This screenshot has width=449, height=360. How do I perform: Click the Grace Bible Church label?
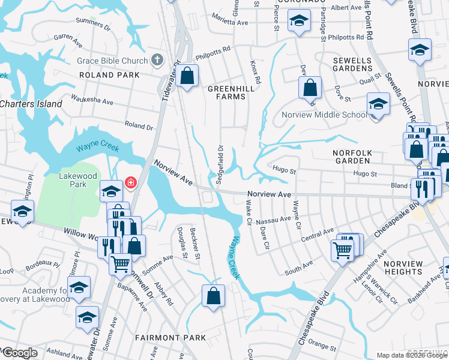[x=112, y=61]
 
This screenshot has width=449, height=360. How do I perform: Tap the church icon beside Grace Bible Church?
[x=157, y=60]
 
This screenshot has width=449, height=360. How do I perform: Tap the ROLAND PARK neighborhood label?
[x=109, y=75]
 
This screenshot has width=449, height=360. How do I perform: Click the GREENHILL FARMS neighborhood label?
[x=227, y=92]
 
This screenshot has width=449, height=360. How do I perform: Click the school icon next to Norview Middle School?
[x=378, y=104]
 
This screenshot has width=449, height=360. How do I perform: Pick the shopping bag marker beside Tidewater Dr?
[x=187, y=76]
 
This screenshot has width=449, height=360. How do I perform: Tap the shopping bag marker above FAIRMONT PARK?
[x=213, y=296]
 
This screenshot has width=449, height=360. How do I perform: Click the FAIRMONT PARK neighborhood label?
[x=170, y=338]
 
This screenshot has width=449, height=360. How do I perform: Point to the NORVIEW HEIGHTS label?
[x=412, y=268]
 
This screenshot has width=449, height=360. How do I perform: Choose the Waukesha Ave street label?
[x=92, y=98]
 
